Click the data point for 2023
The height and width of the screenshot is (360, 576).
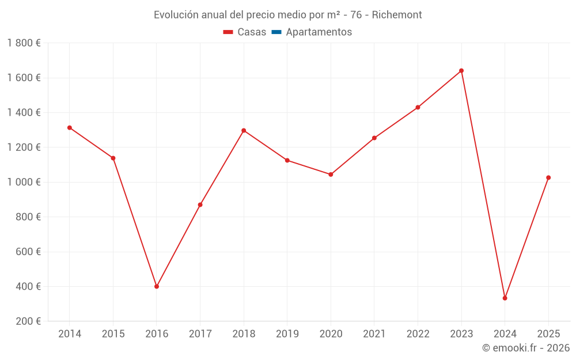461,71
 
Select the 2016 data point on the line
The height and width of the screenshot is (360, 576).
157,286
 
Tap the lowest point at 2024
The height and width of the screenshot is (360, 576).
505,298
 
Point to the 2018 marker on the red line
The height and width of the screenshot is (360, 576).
244,131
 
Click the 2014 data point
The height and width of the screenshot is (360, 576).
70,128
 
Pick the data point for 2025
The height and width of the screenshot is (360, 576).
548,177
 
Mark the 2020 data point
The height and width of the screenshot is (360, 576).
331,175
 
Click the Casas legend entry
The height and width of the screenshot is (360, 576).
245,32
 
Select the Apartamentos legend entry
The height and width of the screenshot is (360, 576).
312,32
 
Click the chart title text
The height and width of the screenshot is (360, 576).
287,15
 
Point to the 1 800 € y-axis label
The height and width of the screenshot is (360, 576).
24,43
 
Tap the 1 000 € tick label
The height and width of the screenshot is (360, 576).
24,183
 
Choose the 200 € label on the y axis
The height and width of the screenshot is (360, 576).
27,321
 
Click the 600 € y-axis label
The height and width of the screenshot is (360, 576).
27,252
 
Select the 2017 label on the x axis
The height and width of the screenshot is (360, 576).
200,334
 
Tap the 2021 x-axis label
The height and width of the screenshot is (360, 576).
374,334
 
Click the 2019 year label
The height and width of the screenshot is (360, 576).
287,334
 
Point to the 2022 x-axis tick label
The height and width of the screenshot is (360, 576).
418,334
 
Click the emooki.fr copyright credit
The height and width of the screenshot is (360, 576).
526,348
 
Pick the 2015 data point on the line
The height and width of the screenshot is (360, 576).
113,158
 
